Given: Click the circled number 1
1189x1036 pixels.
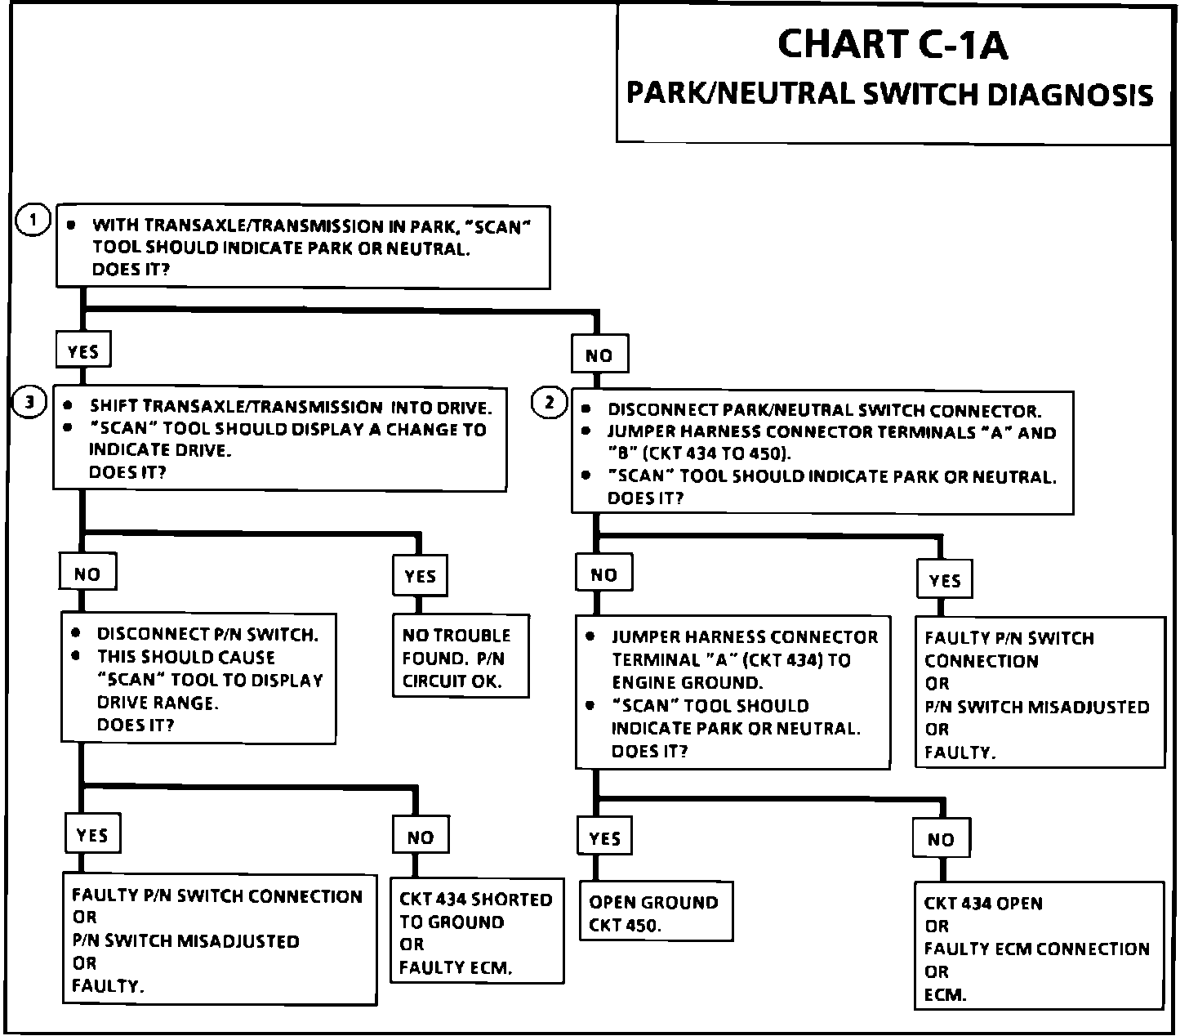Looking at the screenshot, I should pyautogui.click(x=33, y=220).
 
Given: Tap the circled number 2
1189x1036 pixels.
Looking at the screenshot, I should pyautogui.click(x=549, y=403).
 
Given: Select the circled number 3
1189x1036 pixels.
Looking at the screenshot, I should pyautogui.click(x=29, y=403).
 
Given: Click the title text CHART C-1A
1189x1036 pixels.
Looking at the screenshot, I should pyautogui.click(x=892, y=45).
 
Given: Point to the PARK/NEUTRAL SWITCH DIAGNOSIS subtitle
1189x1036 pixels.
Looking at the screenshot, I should pyautogui.click(x=889, y=94).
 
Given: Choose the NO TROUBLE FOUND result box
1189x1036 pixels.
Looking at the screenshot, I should pyautogui.click(x=461, y=658).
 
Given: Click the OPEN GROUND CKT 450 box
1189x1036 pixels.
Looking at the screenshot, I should pyautogui.click(x=656, y=913).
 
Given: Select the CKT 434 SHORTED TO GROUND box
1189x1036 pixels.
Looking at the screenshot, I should pyautogui.click(x=477, y=933).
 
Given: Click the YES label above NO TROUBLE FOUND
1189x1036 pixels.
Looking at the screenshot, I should pyautogui.click(x=420, y=576).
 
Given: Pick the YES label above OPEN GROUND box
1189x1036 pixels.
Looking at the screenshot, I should pyautogui.click(x=604, y=838).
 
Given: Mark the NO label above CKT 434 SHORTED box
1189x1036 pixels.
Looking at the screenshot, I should pyautogui.click(x=421, y=837).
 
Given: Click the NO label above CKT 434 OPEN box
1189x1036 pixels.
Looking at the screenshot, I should pyautogui.click(x=941, y=839).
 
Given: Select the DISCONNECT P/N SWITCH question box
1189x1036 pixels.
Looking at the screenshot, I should pyautogui.click(x=199, y=679).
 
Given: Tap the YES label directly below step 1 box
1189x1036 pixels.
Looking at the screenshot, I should pyautogui.click(x=83, y=351).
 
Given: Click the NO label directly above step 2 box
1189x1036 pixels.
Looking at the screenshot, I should pyautogui.click(x=599, y=355).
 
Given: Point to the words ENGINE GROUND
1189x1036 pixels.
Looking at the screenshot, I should pyautogui.click(x=687, y=683).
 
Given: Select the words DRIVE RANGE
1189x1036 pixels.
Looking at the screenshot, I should pyautogui.click(x=158, y=702).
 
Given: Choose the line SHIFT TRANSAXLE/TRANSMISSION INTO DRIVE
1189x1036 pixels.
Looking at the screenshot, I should pyautogui.click(x=290, y=406).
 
